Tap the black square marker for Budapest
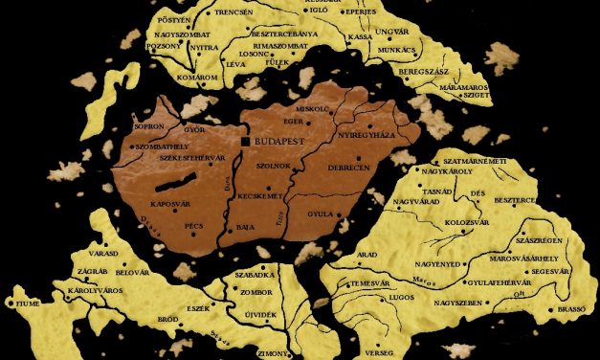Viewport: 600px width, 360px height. (x=246, y=141)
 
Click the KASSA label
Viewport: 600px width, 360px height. (x=360, y=37)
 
